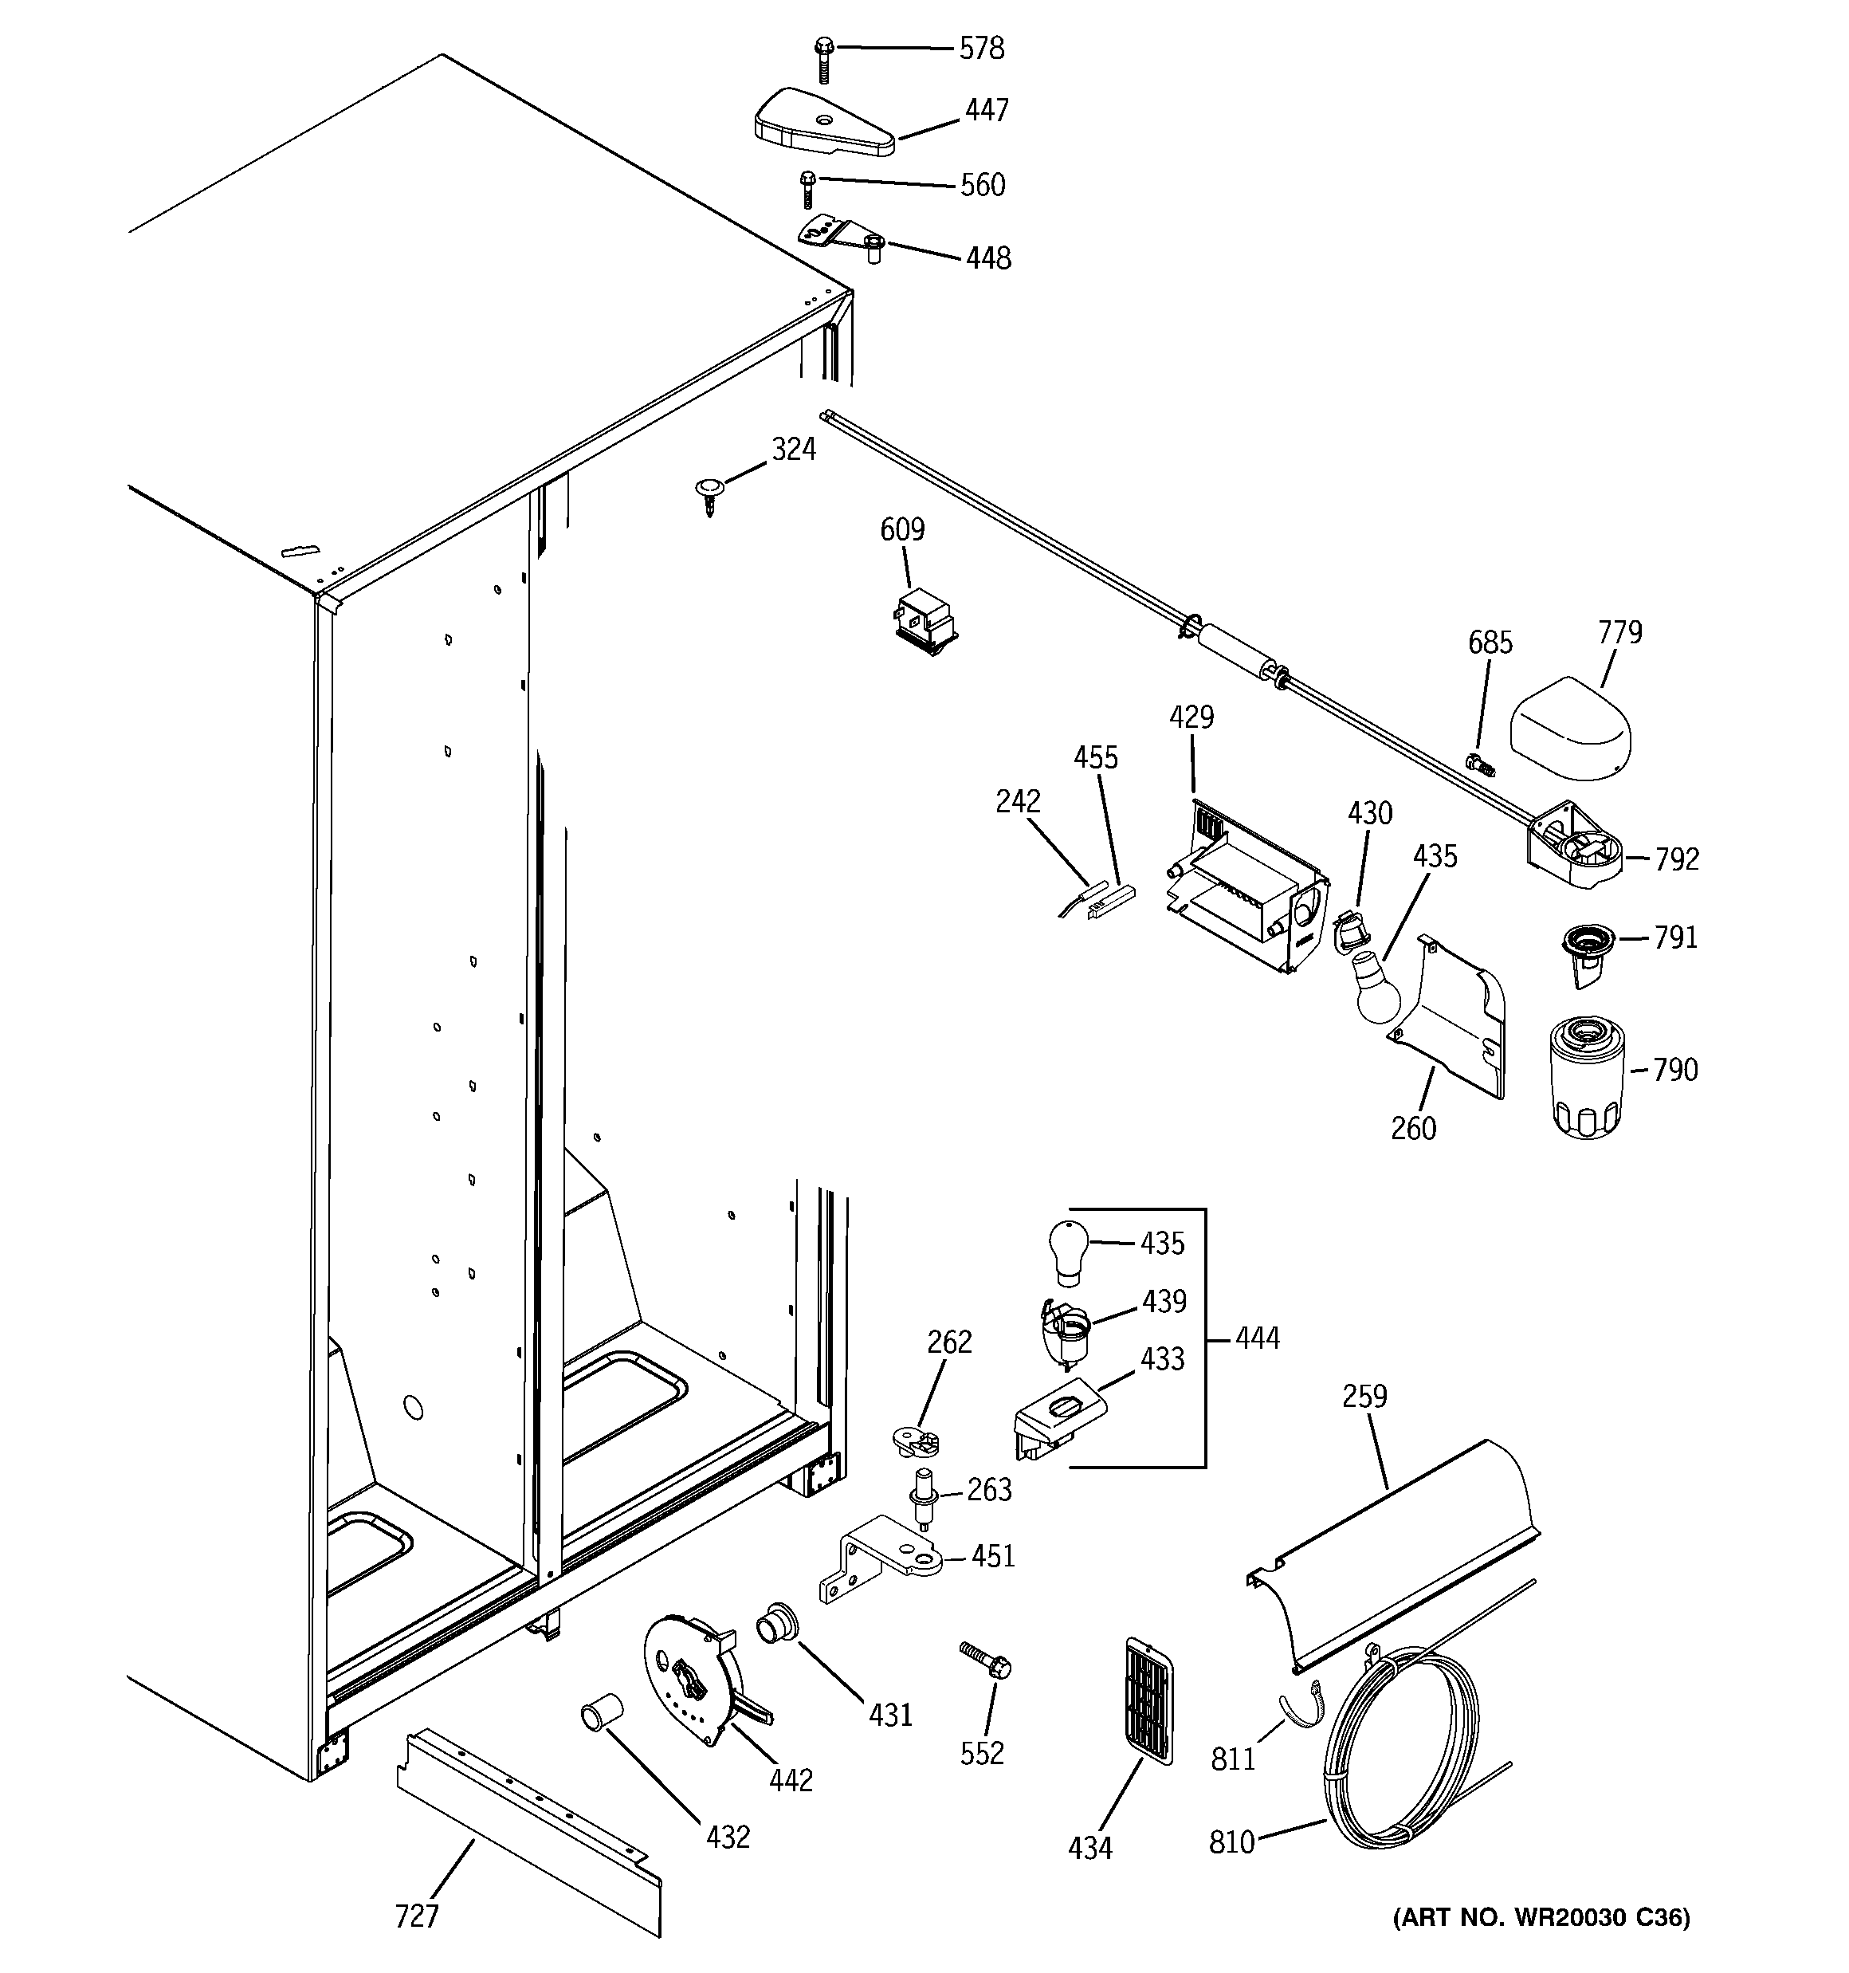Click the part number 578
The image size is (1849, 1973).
[x=980, y=48]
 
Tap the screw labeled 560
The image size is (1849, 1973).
[x=807, y=189]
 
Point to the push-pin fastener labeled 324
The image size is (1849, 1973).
[x=708, y=493]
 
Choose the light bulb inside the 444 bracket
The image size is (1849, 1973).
[x=1068, y=1248]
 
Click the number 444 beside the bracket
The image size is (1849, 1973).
[x=1257, y=1338]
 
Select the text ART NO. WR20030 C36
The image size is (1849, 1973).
[x=1541, y=1944]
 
